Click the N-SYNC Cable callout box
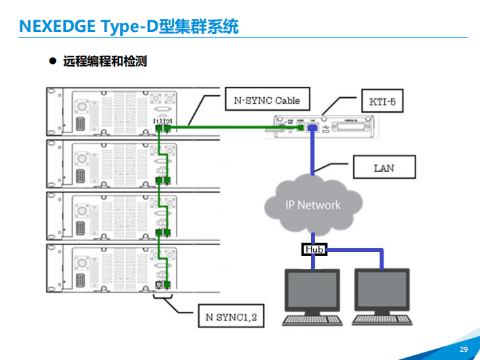tap(267, 101)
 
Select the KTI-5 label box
tap(382, 103)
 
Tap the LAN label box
tap(384, 168)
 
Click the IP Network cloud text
tap(312, 204)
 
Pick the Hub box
tap(314, 250)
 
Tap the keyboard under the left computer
tap(312, 319)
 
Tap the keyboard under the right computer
tap(384, 319)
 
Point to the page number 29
tap(464, 349)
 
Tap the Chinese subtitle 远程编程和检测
tap(105, 62)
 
